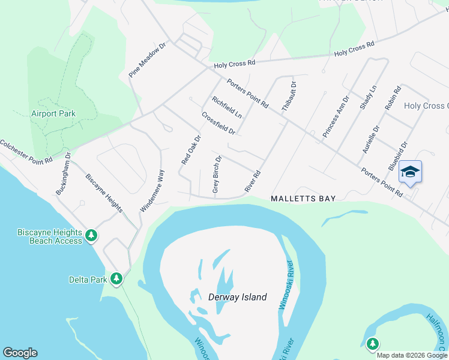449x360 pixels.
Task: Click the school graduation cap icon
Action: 410,172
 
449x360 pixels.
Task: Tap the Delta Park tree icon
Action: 116,279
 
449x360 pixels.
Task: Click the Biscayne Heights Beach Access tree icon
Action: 91,236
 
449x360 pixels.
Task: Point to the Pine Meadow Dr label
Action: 147,60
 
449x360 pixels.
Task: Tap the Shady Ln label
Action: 368,97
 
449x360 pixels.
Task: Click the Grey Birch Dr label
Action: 217,175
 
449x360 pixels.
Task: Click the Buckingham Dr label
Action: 63,173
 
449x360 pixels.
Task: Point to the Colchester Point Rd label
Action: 26,152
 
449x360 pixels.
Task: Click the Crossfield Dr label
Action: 218,123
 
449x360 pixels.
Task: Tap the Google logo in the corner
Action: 20,353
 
